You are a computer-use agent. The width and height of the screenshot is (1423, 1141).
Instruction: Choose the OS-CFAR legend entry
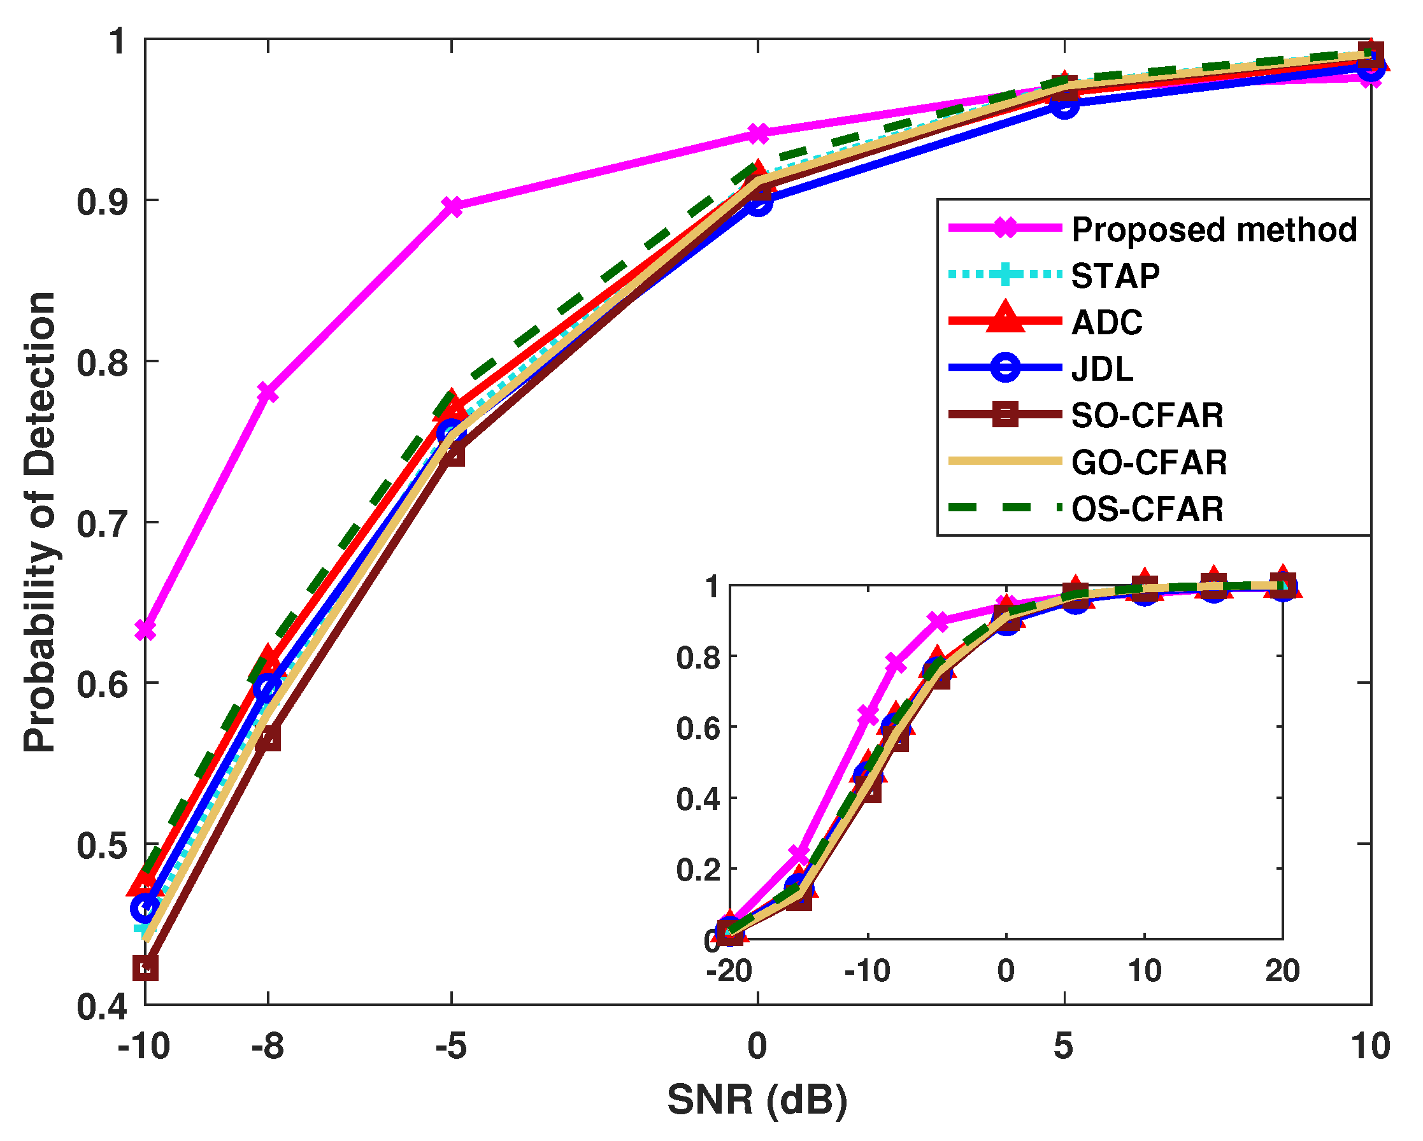pos(1147,509)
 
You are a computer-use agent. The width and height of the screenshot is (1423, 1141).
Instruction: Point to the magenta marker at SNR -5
pos(452,206)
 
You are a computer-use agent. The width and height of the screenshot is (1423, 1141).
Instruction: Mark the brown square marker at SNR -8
pos(268,740)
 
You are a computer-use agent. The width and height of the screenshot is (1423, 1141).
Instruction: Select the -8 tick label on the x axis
pos(268,1047)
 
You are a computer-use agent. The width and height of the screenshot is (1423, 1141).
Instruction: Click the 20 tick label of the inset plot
pos(1282,971)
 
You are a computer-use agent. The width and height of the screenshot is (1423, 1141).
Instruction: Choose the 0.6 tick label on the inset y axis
pos(697,728)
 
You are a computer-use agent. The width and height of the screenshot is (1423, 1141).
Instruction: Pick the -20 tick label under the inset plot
pos(729,971)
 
